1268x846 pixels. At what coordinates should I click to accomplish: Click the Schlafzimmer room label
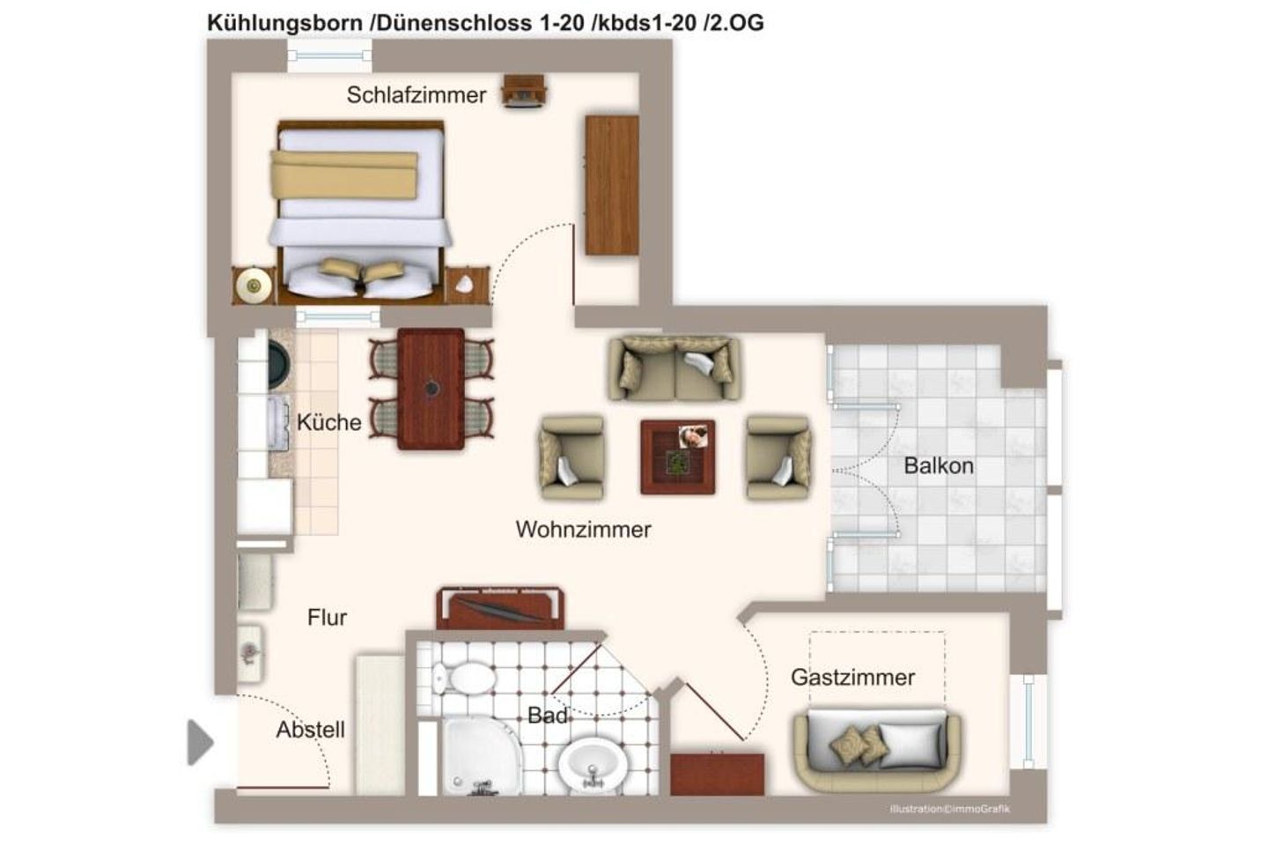tap(416, 95)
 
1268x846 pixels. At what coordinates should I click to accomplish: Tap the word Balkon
tap(939, 466)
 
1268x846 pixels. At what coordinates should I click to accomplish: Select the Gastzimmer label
tap(852, 677)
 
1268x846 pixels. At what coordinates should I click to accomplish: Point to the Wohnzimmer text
tap(583, 530)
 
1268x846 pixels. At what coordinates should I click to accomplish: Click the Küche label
tap(328, 422)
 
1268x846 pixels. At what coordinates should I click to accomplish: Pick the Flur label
tap(327, 618)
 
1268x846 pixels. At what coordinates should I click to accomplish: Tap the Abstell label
tap(310, 730)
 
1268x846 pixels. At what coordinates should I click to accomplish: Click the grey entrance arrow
tap(200, 742)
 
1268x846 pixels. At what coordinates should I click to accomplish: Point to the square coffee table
tap(677, 456)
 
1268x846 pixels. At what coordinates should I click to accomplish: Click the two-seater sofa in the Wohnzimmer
tap(675, 368)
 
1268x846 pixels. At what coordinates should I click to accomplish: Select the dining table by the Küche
tap(431, 389)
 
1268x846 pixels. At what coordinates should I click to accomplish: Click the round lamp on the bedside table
tap(255, 285)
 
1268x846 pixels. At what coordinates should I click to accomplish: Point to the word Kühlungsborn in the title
tap(284, 23)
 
